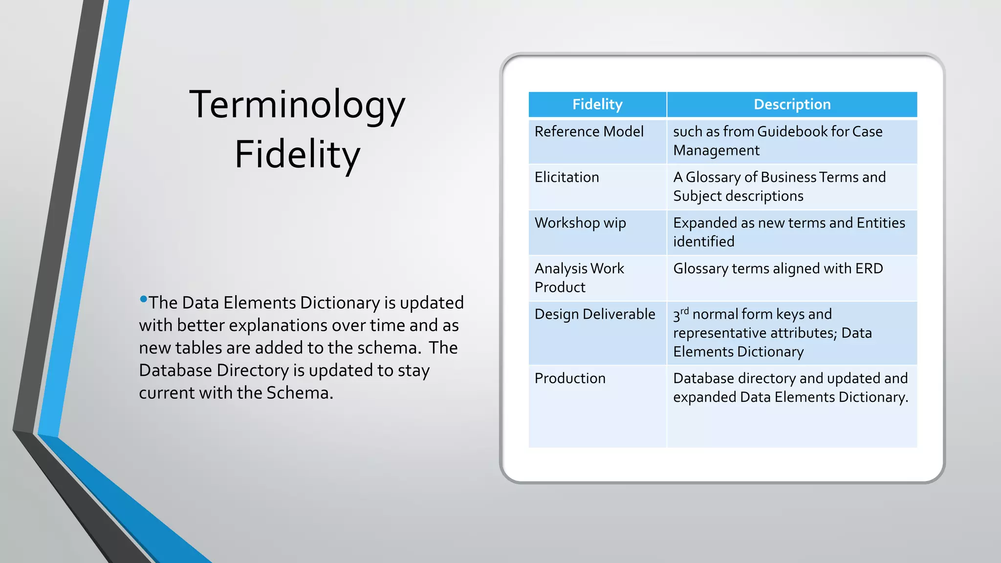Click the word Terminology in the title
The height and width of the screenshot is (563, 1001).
tap(297, 106)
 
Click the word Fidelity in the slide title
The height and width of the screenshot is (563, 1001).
tap(297, 154)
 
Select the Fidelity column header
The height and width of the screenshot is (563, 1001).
tap(597, 104)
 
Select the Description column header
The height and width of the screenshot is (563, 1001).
tap(792, 104)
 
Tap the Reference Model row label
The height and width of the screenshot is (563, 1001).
tap(589, 131)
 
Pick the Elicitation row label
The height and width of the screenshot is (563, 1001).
tap(566, 177)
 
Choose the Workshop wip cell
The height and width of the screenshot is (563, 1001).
tap(580, 223)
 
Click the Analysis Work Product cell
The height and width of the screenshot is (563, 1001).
tap(579, 278)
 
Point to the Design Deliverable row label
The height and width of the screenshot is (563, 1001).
tap(595, 314)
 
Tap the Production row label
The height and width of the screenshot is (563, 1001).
tap(570, 378)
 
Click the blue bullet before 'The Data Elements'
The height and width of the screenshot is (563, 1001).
tap(143, 299)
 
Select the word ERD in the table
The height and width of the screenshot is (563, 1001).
tap(869, 268)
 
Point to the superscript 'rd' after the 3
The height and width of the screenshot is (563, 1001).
tap(684, 311)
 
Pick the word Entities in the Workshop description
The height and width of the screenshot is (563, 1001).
tap(881, 223)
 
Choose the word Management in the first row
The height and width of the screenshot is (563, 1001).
tap(716, 151)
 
